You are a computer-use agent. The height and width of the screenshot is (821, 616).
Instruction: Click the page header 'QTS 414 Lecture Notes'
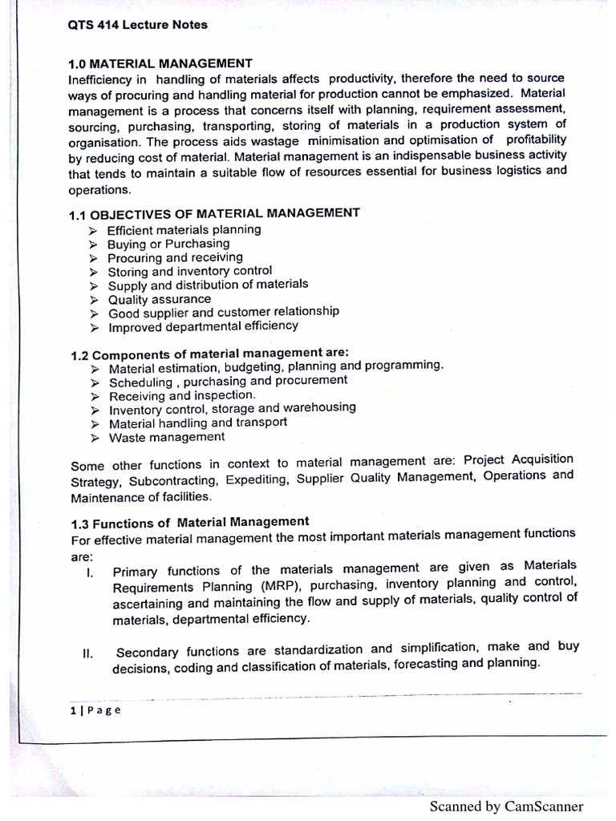click(x=138, y=25)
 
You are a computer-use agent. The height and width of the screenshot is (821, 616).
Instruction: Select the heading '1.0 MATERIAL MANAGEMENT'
click(x=160, y=63)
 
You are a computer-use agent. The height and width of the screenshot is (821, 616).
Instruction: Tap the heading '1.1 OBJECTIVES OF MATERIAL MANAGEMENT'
click(x=214, y=213)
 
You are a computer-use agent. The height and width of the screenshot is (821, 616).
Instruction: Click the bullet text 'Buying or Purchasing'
click(x=168, y=244)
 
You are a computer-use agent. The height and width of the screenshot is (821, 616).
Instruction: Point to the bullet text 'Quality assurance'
click(x=160, y=299)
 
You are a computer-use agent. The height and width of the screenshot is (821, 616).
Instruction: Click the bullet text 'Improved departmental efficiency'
click(x=203, y=326)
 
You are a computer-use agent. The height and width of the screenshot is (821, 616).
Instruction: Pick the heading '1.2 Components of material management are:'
click(x=209, y=354)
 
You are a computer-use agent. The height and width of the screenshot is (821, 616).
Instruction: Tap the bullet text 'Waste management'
click(x=167, y=437)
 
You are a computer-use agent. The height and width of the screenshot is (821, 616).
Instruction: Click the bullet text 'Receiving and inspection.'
click(x=182, y=395)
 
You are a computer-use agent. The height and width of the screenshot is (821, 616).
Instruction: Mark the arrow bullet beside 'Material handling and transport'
click(x=95, y=423)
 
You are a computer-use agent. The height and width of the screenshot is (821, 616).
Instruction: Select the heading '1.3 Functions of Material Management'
click(x=189, y=523)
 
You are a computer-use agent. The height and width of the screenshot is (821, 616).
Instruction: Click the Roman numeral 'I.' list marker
click(x=90, y=572)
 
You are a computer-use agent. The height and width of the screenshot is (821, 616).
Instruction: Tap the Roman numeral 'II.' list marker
click(x=88, y=653)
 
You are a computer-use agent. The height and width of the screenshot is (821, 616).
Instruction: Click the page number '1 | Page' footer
click(x=95, y=710)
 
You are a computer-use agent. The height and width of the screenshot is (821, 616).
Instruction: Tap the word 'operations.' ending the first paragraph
click(x=99, y=191)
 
